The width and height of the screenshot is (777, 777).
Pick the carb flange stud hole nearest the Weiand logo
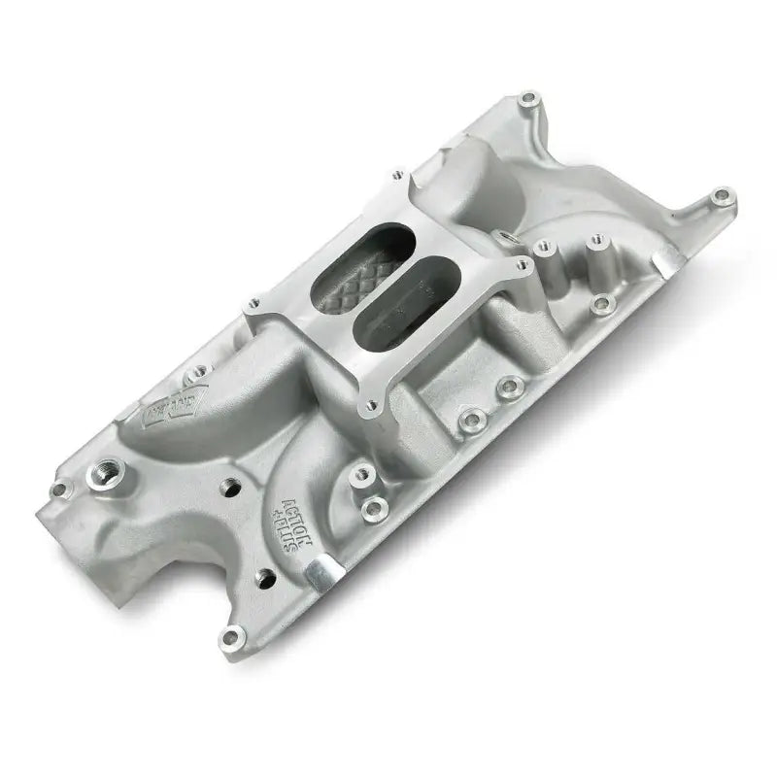point(254,302)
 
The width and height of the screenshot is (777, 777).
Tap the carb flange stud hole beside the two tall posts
point(522,261)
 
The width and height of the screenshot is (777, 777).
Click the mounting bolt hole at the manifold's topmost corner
point(528,97)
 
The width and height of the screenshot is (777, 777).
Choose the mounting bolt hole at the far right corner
point(718,197)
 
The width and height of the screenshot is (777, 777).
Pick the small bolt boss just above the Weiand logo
point(201,369)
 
